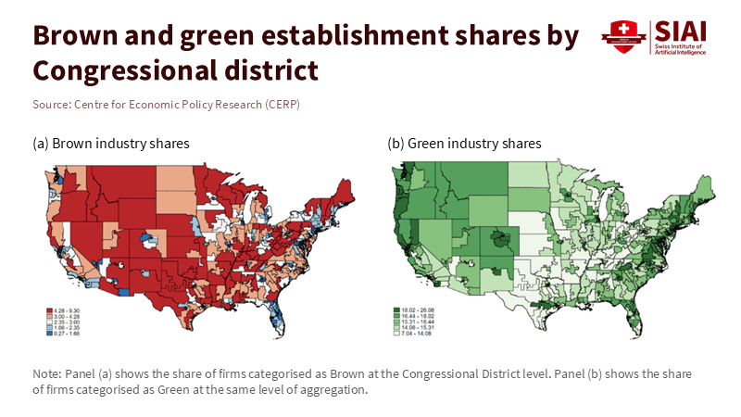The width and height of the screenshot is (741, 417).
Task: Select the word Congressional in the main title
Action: point(119,69)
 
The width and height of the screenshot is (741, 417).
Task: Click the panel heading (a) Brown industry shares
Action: point(111,144)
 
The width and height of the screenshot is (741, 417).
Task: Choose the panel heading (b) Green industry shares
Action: point(464,144)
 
